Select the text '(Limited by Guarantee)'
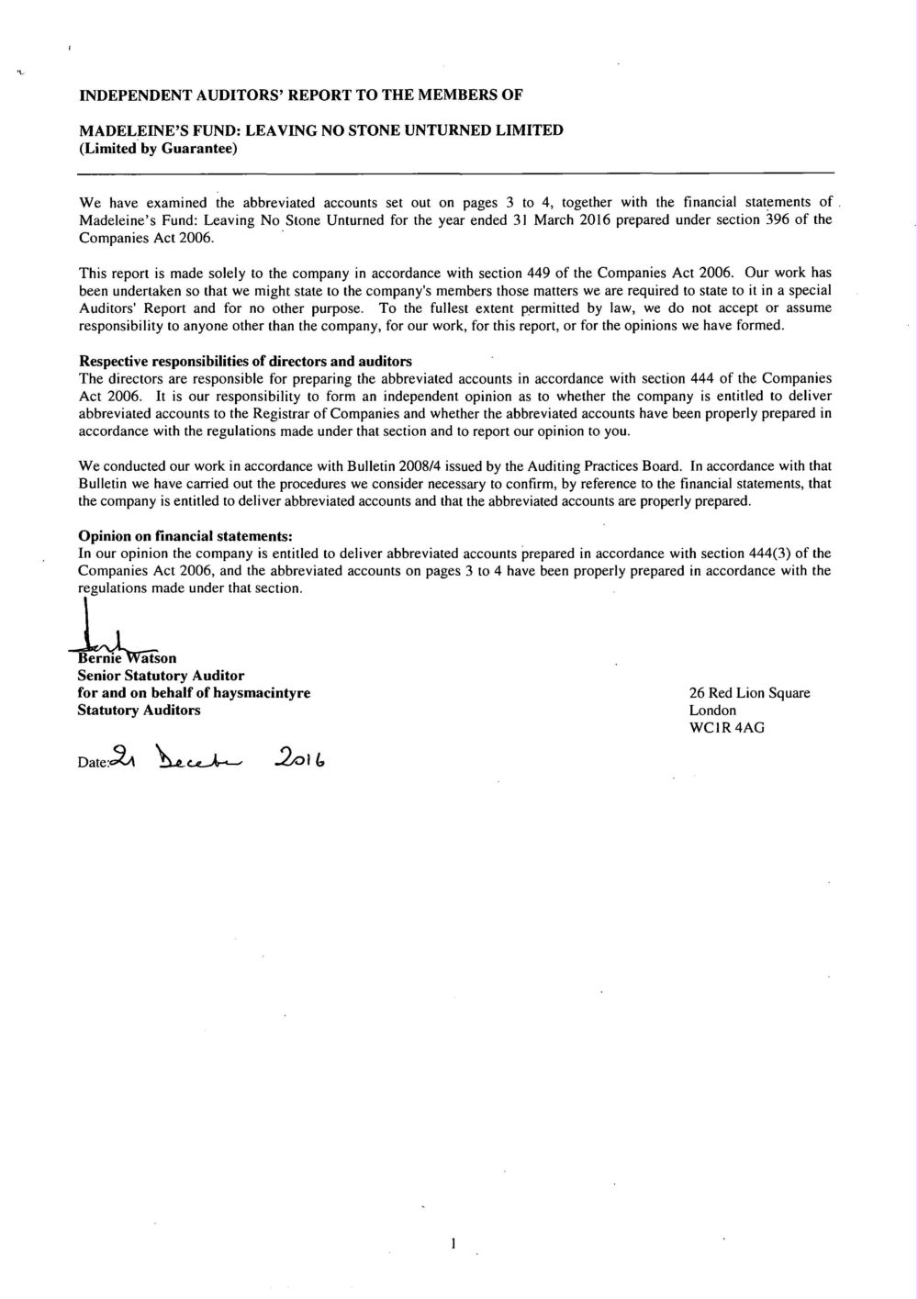point(158,148)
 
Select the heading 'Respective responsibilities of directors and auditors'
point(245,361)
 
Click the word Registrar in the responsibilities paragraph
point(276,413)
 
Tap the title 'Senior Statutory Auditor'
point(161,676)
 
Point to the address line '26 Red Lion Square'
point(749,693)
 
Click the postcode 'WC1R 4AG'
point(726,728)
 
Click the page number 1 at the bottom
point(453,1244)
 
